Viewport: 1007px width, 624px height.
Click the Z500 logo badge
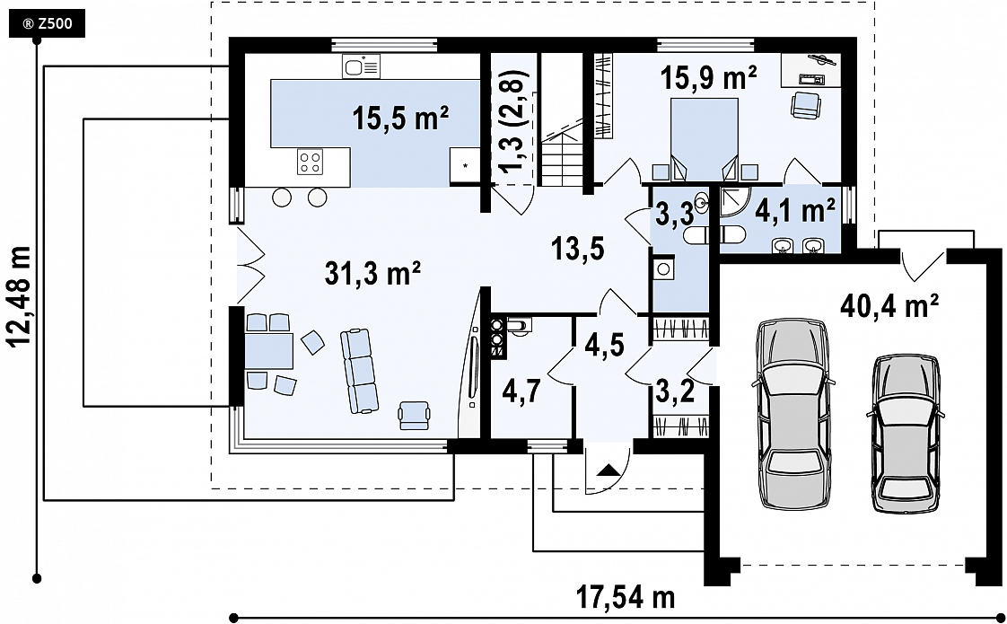(x=47, y=24)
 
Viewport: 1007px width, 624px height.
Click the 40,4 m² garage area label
(x=889, y=306)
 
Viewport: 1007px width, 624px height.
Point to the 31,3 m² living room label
(x=372, y=275)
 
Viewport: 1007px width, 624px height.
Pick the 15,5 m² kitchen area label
(x=400, y=119)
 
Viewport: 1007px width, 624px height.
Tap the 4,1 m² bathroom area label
(x=794, y=209)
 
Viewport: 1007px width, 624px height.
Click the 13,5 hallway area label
(x=578, y=248)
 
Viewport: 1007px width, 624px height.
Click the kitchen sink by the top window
(x=361, y=66)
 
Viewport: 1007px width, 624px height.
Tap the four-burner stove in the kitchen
(x=311, y=162)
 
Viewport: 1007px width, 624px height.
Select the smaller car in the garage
(x=905, y=433)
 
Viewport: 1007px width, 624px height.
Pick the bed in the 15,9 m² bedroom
(x=704, y=139)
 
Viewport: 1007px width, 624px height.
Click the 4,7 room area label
(x=519, y=392)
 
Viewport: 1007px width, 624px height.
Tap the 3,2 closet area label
(x=676, y=391)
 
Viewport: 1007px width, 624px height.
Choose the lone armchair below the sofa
(x=415, y=415)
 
